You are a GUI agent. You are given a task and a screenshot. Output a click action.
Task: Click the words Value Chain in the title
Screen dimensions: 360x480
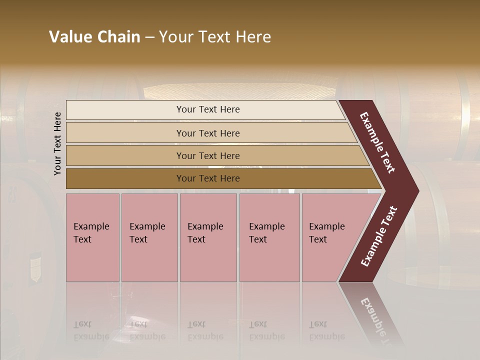click(94, 37)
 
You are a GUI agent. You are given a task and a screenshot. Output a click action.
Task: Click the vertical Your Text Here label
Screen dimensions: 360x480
click(57, 143)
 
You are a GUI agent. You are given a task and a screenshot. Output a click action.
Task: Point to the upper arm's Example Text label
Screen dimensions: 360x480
click(377, 142)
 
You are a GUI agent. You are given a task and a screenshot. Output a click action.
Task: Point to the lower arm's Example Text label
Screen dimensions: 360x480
click(379, 236)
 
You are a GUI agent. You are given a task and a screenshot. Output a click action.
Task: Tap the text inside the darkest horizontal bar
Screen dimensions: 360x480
click(208, 178)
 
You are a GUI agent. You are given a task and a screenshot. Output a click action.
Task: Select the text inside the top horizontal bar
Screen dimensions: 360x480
click(208, 109)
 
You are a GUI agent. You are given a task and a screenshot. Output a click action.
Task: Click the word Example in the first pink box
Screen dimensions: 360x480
click(91, 226)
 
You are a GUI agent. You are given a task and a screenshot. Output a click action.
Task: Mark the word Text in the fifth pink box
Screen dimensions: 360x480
click(318, 239)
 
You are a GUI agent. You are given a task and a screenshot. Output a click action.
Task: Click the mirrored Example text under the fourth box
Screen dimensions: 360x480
click(267, 336)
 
